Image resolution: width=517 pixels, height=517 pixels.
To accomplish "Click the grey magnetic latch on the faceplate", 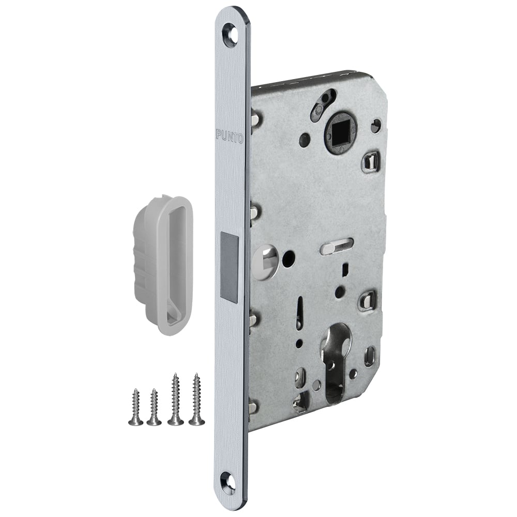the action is point(229,268).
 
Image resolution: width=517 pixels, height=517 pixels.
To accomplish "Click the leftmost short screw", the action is point(135,407).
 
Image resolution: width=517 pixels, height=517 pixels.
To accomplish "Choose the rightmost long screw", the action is point(197,399).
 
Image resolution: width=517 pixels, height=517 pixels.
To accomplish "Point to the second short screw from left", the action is point(154,407).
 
